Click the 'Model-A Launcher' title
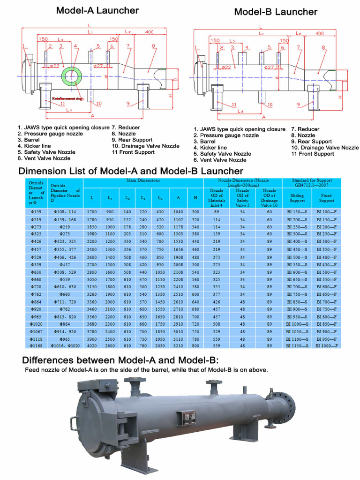97,10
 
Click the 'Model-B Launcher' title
276,12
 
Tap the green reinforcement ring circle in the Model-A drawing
72,75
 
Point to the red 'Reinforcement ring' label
67,99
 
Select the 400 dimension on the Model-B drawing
320,34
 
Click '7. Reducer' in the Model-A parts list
126,127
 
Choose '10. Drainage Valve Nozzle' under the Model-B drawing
324,148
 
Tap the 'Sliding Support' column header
297,197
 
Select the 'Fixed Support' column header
327,197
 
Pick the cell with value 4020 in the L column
92,345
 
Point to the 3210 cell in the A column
178,345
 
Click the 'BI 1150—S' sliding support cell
297,345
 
